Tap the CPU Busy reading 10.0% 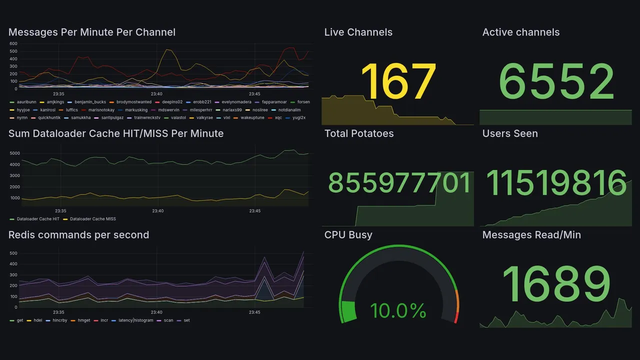398,310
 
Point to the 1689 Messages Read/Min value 556,283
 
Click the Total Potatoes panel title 358,133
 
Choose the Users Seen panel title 509,133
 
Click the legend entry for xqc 278,117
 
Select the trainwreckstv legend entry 147,117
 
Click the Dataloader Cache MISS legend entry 92,219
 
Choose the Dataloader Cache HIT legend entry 38,219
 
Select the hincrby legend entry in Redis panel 59,320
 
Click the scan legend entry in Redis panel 168,320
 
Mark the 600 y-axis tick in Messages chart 13,44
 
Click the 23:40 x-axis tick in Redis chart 156,312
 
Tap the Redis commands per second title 78,235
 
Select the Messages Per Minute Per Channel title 91,32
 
